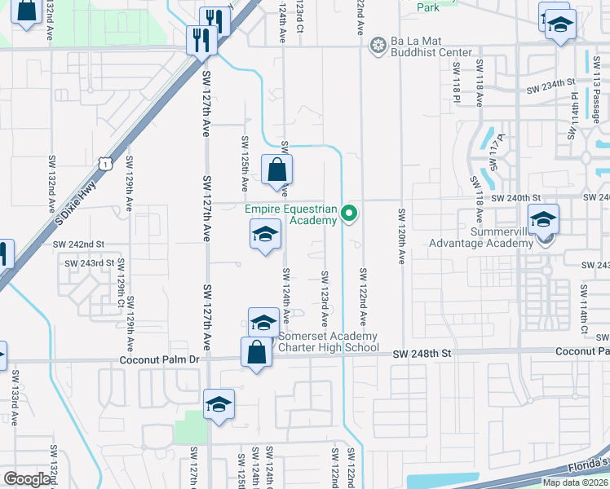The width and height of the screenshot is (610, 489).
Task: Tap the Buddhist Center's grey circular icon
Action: point(377,43)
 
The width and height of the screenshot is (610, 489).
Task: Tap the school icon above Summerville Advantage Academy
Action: point(544,219)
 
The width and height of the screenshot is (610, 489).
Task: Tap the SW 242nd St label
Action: point(79,244)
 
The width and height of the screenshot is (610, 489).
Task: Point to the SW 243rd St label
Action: point(90,262)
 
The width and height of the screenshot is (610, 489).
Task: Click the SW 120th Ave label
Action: point(401,236)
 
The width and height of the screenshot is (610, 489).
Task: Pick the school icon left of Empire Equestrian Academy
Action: point(265,235)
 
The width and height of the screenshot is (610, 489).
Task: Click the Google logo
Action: point(27,478)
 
